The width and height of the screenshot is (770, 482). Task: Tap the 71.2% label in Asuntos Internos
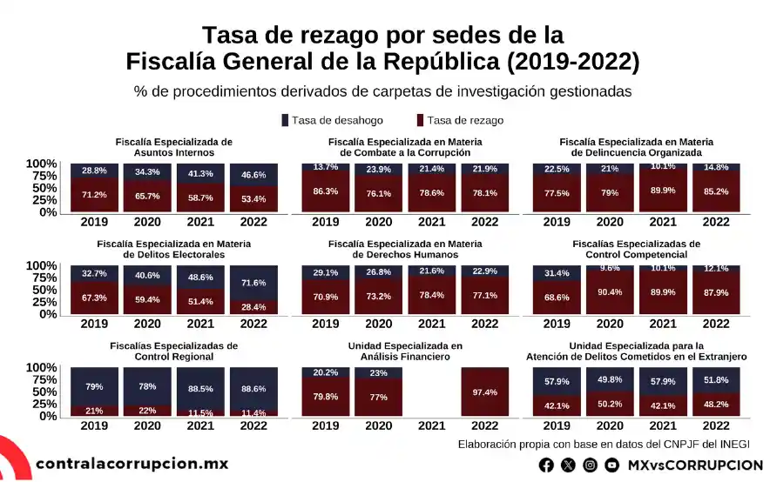point(94,194)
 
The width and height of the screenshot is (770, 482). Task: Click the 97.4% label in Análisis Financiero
point(485,393)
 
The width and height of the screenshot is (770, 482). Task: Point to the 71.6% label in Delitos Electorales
point(253,283)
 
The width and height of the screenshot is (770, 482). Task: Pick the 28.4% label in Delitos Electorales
point(253,306)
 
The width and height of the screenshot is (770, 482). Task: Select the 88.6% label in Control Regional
point(253,388)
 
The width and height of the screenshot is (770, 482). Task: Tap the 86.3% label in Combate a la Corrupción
point(325,191)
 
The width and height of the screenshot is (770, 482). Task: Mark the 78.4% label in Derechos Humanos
point(432,295)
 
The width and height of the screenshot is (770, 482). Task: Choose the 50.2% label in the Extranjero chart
point(610,404)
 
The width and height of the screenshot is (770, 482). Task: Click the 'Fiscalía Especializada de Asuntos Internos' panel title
point(174,147)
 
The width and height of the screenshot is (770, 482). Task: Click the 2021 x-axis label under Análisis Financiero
point(432,425)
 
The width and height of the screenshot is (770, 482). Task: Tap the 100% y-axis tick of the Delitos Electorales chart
point(42,265)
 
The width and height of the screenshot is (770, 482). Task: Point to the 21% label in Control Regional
point(94,411)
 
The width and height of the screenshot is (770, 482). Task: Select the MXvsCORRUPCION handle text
point(694,465)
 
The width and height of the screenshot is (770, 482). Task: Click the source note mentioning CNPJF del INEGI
point(610,445)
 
